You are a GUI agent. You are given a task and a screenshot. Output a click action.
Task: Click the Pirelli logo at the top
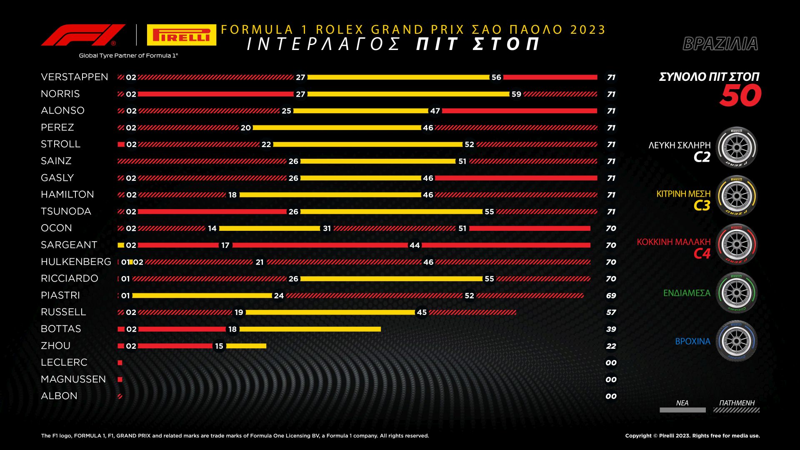tap(181, 35)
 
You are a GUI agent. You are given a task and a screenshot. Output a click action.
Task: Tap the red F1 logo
tap(83, 35)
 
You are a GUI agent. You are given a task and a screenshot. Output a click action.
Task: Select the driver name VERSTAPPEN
tap(75, 77)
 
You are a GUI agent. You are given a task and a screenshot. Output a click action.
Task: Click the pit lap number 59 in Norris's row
tap(516, 94)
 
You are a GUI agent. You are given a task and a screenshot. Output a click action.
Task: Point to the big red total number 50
tap(740, 96)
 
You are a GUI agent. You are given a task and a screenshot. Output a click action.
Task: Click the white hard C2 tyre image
tap(736, 147)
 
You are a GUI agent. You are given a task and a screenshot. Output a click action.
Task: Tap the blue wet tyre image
tap(736, 341)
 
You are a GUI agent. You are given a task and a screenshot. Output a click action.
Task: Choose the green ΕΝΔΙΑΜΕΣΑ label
tap(687, 293)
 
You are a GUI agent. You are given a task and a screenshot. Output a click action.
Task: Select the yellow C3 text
tap(702, 205)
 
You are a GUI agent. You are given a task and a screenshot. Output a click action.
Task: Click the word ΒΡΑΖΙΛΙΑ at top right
tap(720, 44)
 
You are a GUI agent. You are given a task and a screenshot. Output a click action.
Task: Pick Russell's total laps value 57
tap(611, 312)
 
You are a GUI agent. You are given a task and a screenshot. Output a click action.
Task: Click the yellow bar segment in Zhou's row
tap(246, 346)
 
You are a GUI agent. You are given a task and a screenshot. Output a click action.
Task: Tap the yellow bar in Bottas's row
tap(310, 329)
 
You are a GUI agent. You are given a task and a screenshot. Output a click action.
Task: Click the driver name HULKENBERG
tap(76, 262)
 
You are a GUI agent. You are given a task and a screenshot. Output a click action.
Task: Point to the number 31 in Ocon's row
tap(327, 228)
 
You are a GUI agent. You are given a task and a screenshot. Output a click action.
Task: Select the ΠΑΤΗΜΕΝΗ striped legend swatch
tap(736, 410)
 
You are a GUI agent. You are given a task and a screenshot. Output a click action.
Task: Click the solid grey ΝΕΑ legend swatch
tap(682, 410)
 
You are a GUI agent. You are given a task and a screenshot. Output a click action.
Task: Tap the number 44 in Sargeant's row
tap(415, 245)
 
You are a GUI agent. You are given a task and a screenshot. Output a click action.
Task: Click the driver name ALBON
tap(59, 396)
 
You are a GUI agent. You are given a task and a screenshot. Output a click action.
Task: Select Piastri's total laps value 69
tap(611, 295)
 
